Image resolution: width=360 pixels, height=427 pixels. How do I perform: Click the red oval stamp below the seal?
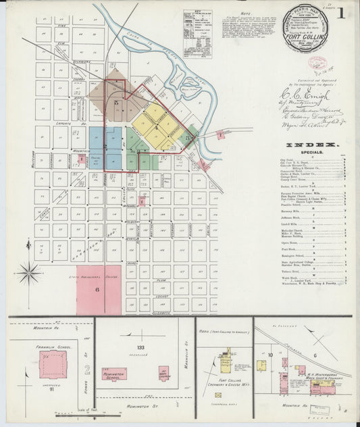[317, 63]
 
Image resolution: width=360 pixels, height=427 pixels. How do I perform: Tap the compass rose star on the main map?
[29, 274]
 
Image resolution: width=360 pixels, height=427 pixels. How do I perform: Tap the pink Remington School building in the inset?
[115, 375]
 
